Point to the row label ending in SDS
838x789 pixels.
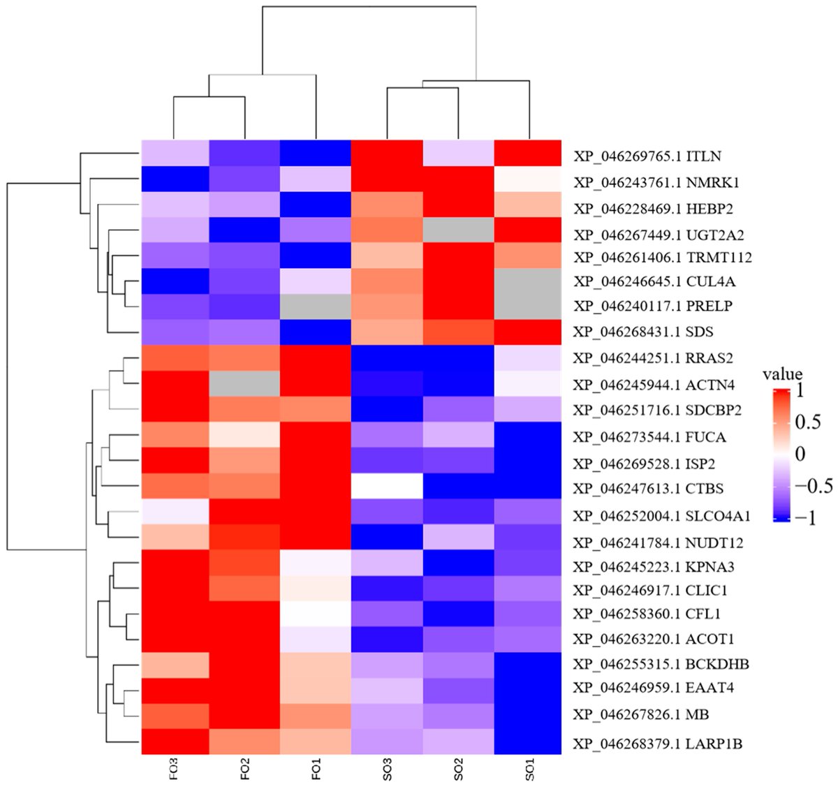click(643, 332)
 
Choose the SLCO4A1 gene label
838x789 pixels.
click(662, 515)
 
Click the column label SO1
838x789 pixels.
click(530, 769)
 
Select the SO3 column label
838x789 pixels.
click(388, 769)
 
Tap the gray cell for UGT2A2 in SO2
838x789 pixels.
click(458, 230)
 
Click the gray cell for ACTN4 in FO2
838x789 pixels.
click(244, 383)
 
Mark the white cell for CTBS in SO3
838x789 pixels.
click(388, 486)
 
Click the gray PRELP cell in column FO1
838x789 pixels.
click(316, 307)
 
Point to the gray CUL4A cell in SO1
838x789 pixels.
click(527, 281)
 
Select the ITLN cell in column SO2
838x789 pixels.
click(458, 153)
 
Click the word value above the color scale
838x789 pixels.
click(782, 374)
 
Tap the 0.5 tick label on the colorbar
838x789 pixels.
click(808, 422)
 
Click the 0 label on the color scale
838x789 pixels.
click(800, 454)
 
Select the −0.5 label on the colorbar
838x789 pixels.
click(814, 486)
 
